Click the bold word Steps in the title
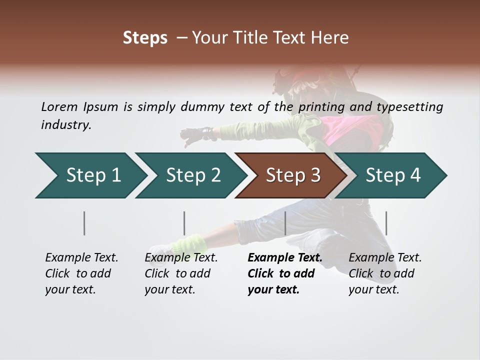coord(145,38)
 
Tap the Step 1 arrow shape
coord(90,175)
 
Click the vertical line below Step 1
coord(84,223)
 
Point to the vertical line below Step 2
coord(184,223)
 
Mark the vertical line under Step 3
coord(285,223)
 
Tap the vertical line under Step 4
coord(386,223)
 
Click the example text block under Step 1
coord(81,273)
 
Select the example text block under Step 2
coord(181,273)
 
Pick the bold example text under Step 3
coord(284,273)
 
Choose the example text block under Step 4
coord(385,273)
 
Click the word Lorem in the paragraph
coord(59,106)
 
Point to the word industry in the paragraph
coord(65,125)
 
